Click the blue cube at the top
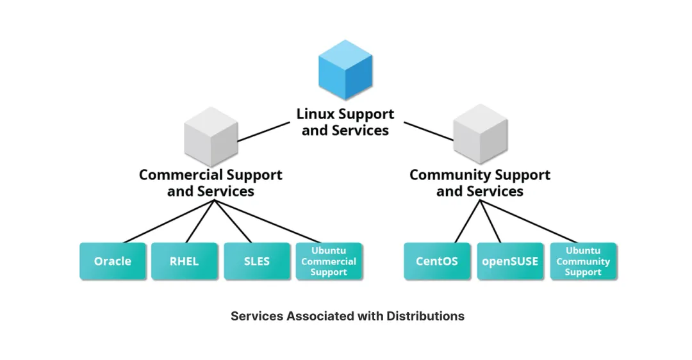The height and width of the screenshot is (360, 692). pos(345,70)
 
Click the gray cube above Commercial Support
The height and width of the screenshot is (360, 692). pos(211,137)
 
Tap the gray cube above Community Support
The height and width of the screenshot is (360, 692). pos(480,137)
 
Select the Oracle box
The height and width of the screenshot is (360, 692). pos(113,261)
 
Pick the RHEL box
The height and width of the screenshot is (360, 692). pos(185,261)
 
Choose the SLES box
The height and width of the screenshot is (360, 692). pos(257,261)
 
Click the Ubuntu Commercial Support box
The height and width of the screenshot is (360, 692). pos(329,261)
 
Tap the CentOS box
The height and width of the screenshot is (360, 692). pos(437,261)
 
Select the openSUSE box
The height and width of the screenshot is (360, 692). pos(510,261)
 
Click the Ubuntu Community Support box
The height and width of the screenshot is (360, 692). pos(583,261)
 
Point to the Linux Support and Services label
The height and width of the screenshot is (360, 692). pos(345,122)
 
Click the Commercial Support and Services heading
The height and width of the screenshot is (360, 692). pos(211,183)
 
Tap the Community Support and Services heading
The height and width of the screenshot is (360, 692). pos(480,183)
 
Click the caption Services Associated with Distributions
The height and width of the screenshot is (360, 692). pos(347,316)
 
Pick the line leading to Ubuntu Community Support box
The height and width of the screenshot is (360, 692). pos(529,221)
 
